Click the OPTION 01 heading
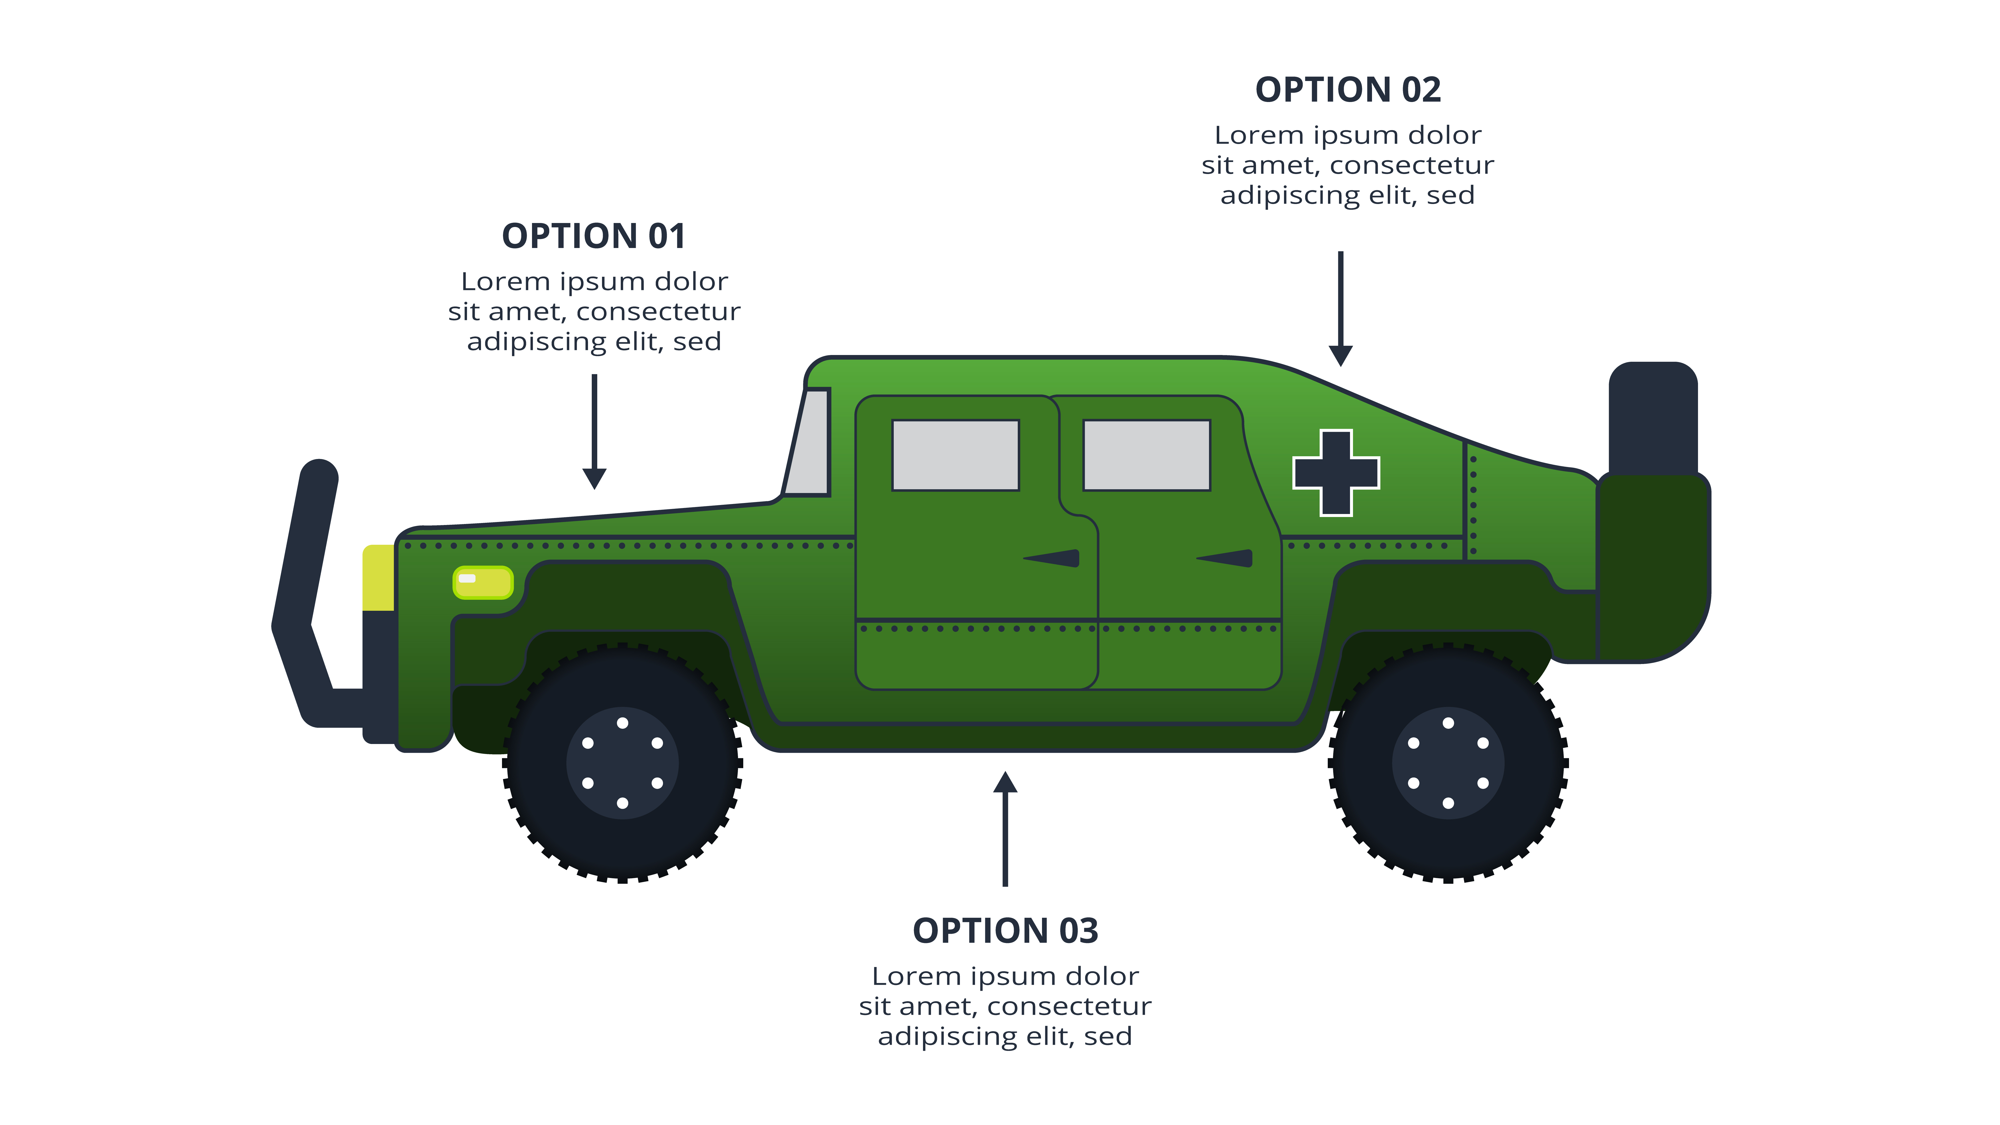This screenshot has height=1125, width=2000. (594, 236)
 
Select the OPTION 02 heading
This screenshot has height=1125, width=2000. (1348, 90)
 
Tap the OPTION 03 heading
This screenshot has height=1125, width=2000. (1005, 931)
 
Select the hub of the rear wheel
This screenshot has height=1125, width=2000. (1448, 763)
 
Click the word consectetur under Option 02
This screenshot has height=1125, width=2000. (1411, 165)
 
